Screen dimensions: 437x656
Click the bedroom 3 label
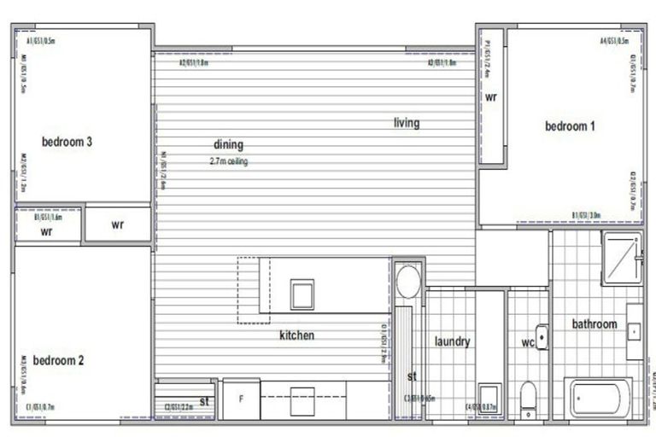pos(67,142)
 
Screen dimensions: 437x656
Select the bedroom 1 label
pos(570,126)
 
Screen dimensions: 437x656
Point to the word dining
pos(228,145)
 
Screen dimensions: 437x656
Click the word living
pos(407,123)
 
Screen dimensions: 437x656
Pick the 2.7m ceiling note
pos(228,161)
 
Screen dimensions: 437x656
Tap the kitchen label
pos(296,335)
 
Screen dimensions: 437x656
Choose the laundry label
pos(452,341)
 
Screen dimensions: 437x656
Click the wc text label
pos(527,341)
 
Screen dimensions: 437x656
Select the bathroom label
pos(594,324)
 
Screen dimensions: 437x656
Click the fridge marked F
pos(241,399)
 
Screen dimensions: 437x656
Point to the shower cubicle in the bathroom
pos(621,258)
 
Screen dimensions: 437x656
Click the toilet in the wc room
pos(529,398)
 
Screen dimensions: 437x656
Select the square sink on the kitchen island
pos(302,294)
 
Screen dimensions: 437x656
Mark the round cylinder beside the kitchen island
pos(408,281)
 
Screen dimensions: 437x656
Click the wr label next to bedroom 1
pos(491,98)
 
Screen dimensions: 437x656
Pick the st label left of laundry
pos(412,376)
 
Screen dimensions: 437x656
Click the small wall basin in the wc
pos(542,336)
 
